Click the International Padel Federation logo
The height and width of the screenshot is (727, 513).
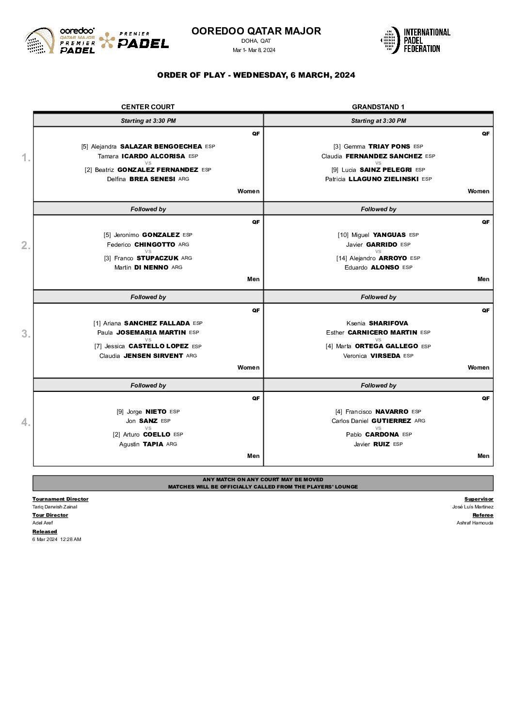pos(415,40)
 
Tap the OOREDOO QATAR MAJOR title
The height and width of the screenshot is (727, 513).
pos(256,31)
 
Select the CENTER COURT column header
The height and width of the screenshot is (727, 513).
pos(148,107)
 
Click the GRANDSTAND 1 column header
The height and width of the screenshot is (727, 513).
pos(378,107)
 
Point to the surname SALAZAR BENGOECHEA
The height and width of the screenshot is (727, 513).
pos(161,147)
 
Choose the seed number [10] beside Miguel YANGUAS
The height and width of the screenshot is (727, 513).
pos(343,235)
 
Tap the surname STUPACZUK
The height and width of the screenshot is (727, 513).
pos(158,258)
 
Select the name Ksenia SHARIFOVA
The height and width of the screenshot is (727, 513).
pos(377,323)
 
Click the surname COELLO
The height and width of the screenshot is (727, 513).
pos(157,435)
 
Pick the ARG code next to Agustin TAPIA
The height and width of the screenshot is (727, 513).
pos(172,444)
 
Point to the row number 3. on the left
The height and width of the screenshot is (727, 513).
pos(26,334)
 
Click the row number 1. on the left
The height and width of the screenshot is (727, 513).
pos(26,158)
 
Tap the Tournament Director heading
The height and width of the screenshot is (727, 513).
pos(61,499)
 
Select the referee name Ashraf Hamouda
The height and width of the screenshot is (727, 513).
pos(475,523)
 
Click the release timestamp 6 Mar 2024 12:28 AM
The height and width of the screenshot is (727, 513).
pos(57,540)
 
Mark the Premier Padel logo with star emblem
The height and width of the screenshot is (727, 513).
pos(134,41)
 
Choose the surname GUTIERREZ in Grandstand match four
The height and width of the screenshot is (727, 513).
pos(391,421)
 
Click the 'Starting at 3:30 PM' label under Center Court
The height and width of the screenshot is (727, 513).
pos(148,121)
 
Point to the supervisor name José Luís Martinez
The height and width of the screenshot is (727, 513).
pos(473,507)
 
